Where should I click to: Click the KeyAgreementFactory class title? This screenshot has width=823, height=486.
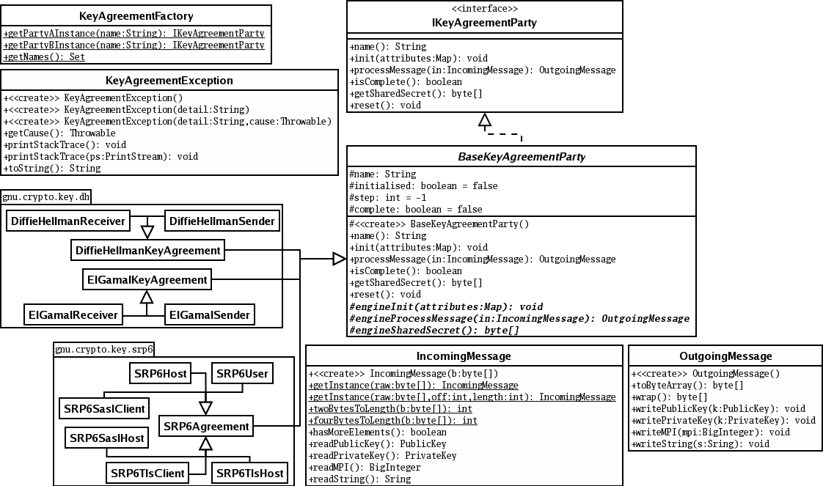(136, 16)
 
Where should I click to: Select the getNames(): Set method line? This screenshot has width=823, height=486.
(44, 56)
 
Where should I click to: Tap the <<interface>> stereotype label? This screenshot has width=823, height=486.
(484, 9)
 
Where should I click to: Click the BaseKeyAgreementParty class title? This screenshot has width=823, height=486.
(521, 157)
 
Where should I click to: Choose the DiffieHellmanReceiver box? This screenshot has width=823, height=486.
(68, 220)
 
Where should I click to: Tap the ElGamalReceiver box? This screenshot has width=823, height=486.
(73, 315)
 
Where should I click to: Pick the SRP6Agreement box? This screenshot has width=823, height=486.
(206, 426)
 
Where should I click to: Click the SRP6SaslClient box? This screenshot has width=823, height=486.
(103, 408)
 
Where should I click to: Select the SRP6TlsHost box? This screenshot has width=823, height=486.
(249, 474)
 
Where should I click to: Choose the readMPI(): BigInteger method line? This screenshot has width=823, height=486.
(365, 467)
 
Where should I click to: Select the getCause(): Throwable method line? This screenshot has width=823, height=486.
(59, 133)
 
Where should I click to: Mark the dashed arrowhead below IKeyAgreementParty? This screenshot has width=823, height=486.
(483, 120)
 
